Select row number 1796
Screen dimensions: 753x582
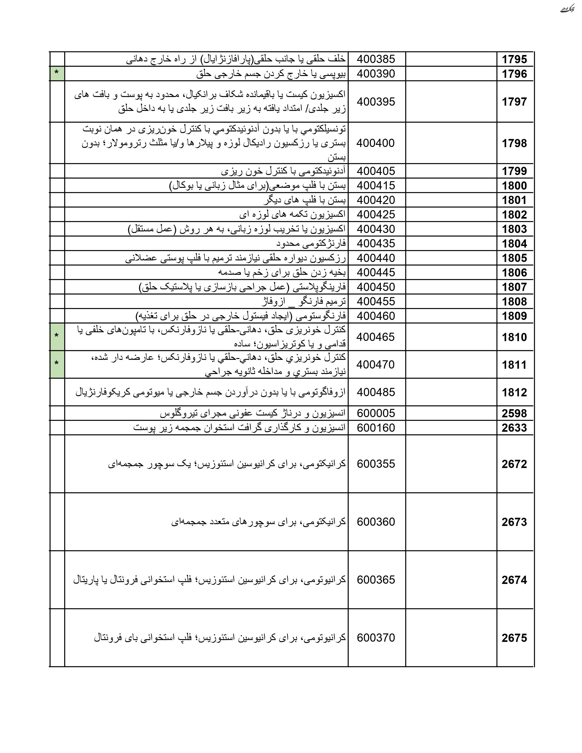514,74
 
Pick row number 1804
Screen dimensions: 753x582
514,244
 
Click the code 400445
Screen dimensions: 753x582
376,273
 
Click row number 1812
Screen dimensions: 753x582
514,392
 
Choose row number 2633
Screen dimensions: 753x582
514,428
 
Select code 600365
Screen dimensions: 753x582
376,580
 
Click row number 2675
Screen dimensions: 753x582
514,638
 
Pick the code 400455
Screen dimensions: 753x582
376,302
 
